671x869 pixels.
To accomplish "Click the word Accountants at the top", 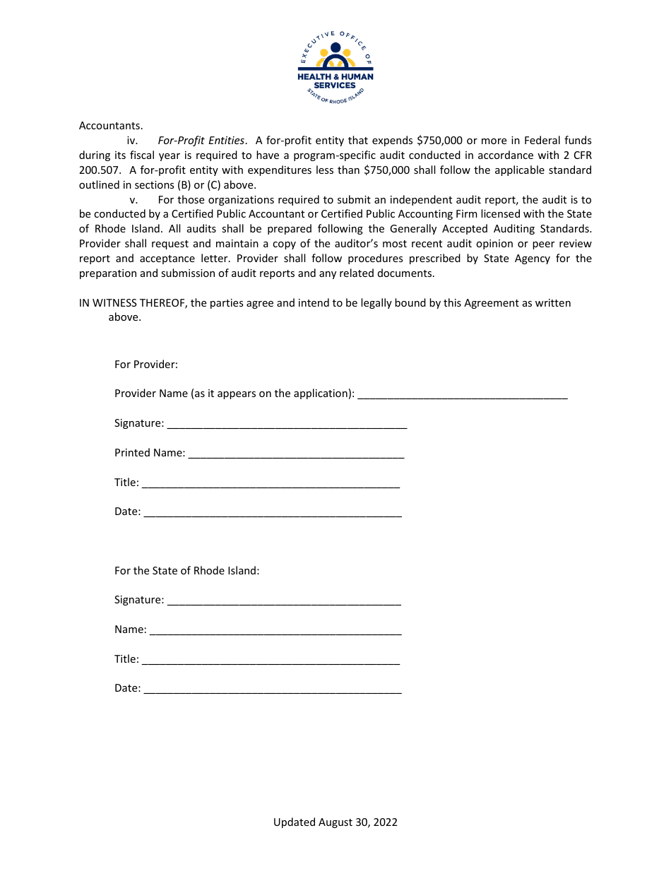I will click(x=111, y=126).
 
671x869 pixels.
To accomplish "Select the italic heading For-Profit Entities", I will click(x=201, y=141).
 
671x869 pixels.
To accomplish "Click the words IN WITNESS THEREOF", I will click(x=132, y=303).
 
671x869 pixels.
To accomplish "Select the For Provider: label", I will click(x=146, y=365).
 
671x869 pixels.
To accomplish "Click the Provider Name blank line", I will click(x=463, y=395).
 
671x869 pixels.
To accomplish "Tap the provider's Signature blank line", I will click(x=287, y=425).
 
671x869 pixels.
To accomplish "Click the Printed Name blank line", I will click(x=296, y=454).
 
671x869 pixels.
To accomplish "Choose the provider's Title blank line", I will click(x=271, y=484).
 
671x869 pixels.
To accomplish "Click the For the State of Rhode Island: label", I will click(x=187, y=570).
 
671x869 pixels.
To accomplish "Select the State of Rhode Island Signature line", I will click(x=284, y=601).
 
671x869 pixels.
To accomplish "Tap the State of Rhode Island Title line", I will click(x=271, y=661).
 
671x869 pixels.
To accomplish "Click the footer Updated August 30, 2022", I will click(x=335, y=822).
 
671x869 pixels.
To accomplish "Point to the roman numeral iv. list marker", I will click(x=132, y=141).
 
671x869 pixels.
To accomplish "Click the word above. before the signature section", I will click(x=125, y=317).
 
